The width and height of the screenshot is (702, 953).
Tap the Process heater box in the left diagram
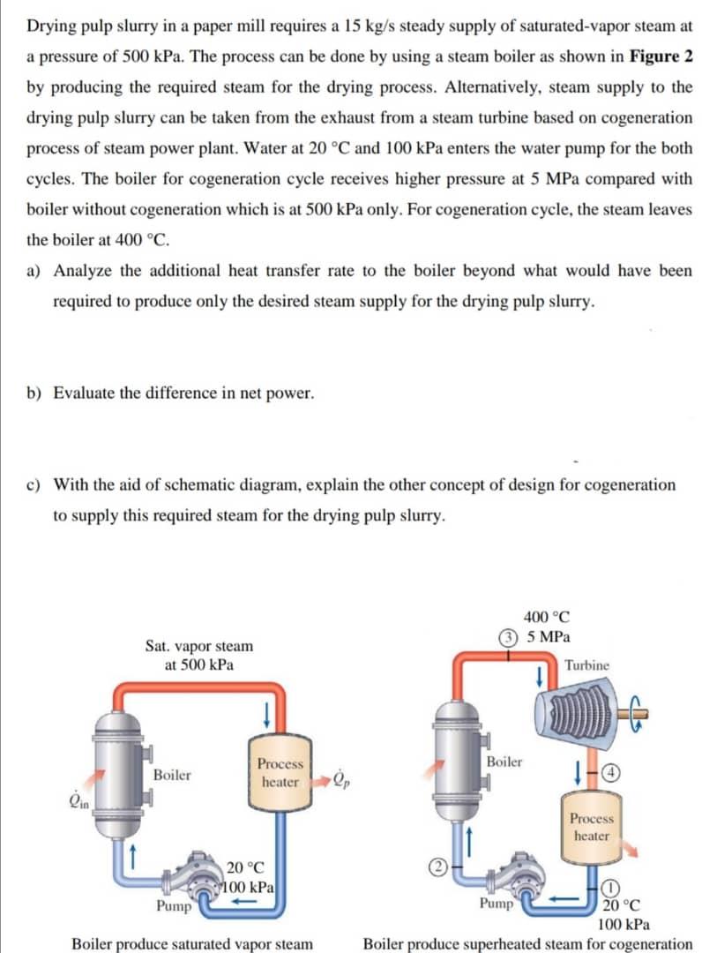pyautogui.click(x=280, y=773)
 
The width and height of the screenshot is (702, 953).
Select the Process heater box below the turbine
pyautogui.click(x=591, y=827)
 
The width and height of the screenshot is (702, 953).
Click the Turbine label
pyautogui.click(x=587, y=665)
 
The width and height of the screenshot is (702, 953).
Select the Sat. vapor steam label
pyautogui.click(x=198, y=646)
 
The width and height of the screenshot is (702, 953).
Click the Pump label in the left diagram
pyautogui.click(x=175, y=905)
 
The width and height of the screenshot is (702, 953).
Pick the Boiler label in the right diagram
pyautogui.click(x=504, y=761)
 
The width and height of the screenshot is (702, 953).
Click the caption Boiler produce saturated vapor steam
pyautogui.click(x=191, y=943)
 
